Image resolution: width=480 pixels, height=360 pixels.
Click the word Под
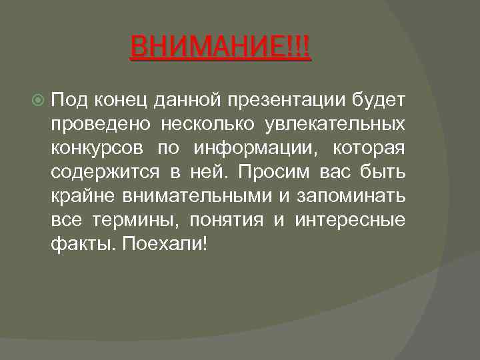click(67, 100)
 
